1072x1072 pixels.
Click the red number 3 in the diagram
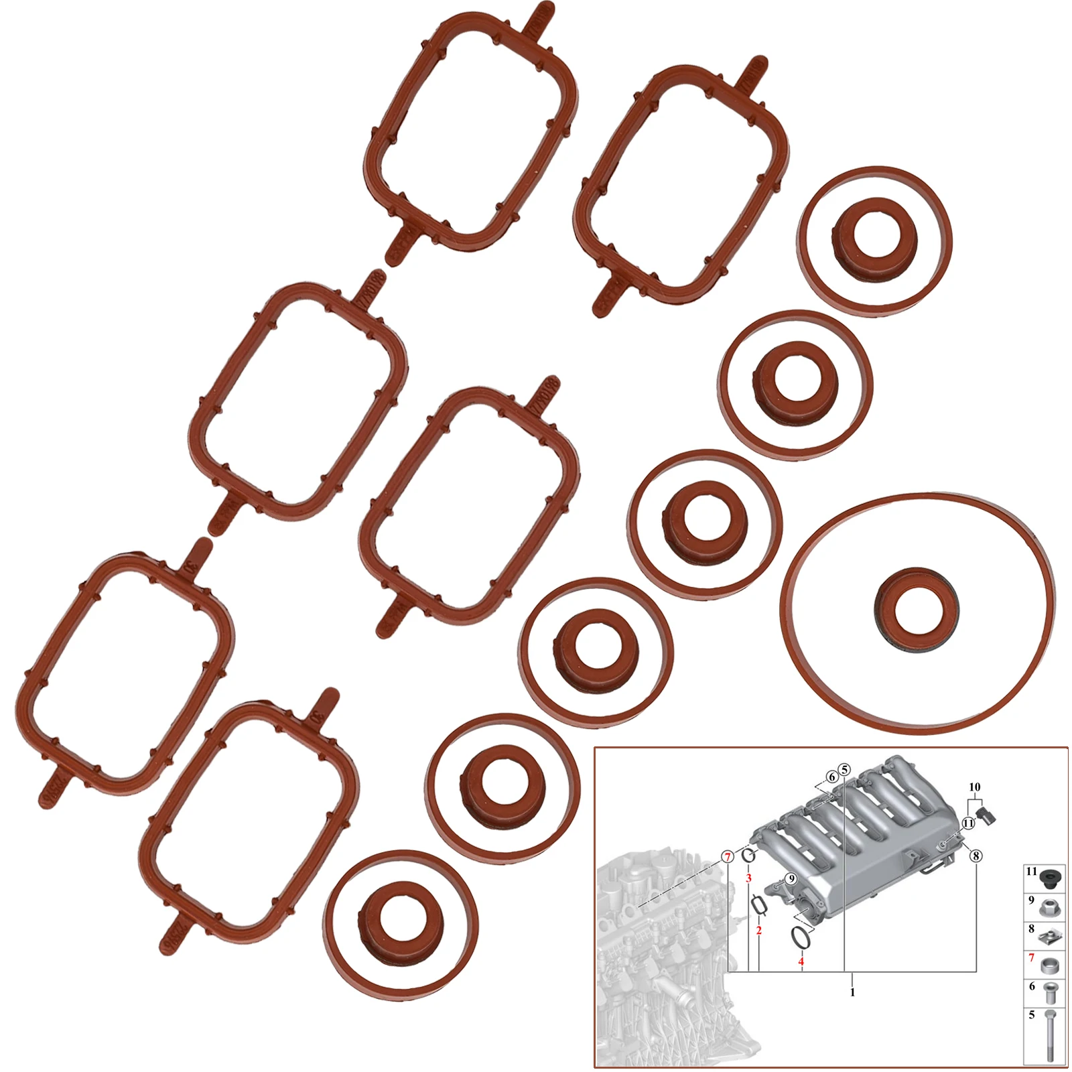(748, 878)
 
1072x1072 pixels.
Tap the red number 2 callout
(758, 931)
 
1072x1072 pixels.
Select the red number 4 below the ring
(801, 961)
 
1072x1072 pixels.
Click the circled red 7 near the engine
(727, 857)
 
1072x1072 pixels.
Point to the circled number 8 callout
(976, 856)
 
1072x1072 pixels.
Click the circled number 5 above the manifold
(844, 770)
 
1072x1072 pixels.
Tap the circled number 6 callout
(831, 777)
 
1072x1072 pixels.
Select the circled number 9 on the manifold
(791, 879)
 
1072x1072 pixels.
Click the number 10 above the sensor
(974, 787)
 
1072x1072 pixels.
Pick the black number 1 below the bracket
(852, 992)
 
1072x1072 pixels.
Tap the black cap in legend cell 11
(1050, 877)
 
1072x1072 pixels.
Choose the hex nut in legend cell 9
(1050, 909)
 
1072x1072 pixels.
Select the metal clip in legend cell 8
(1050, 937)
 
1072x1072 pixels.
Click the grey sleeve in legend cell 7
(1050, 967)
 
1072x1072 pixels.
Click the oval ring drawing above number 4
(801, 937)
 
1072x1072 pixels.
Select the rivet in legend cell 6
(1050, 994)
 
